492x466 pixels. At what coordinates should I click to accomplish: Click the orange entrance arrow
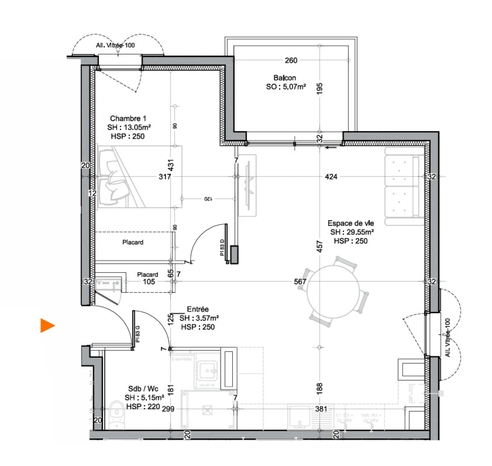point(47,325)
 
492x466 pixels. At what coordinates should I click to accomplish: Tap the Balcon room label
point(285,78)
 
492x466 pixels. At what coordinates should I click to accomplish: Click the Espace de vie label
point(351,223)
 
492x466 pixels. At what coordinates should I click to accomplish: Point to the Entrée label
point(197,309)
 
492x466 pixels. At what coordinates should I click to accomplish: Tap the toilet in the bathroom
point(116,415)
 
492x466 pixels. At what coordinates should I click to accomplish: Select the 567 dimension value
point(300,282)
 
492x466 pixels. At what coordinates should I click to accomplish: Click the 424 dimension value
point(331,176)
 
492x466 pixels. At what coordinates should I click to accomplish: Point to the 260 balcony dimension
point(291,60)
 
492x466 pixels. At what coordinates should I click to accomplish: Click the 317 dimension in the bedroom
point(165,176)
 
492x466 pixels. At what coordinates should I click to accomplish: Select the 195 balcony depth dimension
point(320,88)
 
